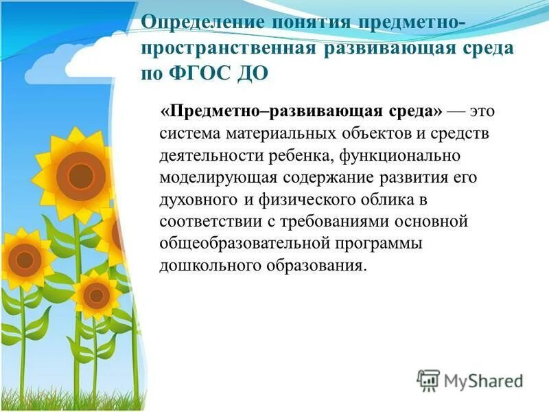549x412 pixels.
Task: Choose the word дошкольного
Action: (202, 266)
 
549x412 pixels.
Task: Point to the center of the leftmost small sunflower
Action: (25, 260)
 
